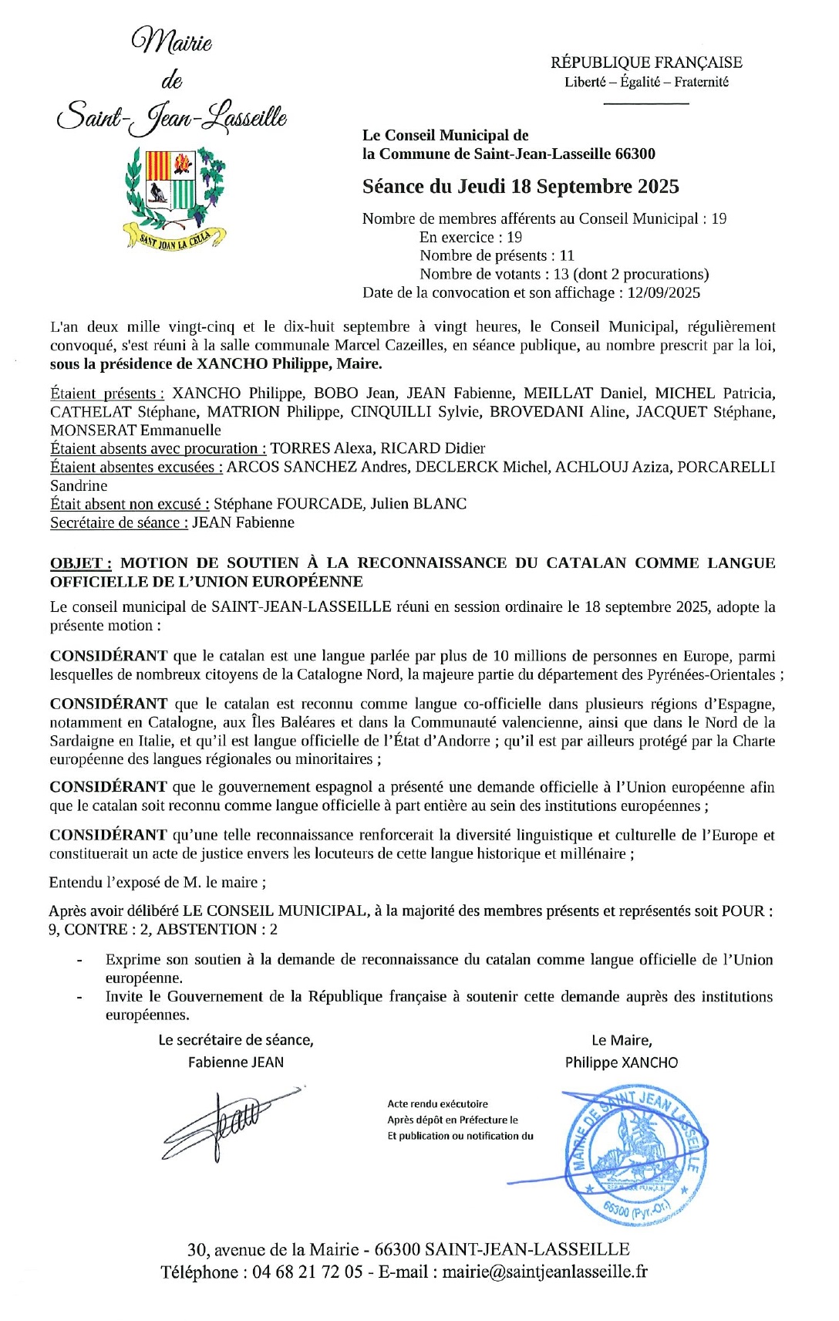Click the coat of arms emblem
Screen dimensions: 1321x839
176,197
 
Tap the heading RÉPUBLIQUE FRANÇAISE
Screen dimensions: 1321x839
646,63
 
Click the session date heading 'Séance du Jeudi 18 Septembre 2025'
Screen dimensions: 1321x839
521,187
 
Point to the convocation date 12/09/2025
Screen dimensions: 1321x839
664,292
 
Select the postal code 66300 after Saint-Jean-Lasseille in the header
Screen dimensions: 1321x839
635,154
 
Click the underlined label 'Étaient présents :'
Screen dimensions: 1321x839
107,394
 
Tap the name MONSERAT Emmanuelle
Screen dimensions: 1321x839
136,431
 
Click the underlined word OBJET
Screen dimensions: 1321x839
80,563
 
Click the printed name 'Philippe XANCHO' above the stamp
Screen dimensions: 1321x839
621,1063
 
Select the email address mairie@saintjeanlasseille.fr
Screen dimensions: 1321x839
544,1272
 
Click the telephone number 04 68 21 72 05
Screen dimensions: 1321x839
307,1272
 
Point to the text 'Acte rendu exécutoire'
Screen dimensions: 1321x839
437,1104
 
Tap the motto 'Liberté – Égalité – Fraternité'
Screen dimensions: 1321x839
646,82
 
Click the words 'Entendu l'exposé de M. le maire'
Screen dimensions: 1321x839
157,882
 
